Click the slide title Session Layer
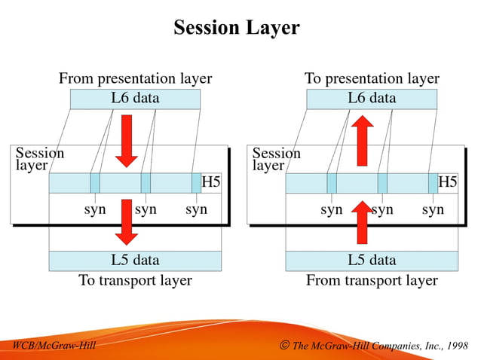coord(236,28)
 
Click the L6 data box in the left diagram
coord(135,98)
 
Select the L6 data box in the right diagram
coord(372,98)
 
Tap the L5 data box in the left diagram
coord(135,261)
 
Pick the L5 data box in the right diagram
coord(372,261)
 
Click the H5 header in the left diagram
coord(211,183)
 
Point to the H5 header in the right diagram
coord(448,183)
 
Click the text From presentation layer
coord(135,78)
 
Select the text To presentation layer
coord(372,78)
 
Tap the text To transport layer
coord(135,280)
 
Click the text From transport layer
coord(372,280)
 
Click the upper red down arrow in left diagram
coord(127,140)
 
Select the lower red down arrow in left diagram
coord(127,222)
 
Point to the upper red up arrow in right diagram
coord(363,140)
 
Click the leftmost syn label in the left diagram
coord(94,209)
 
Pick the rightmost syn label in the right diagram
coord(433,209)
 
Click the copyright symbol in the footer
coord(283,346)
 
